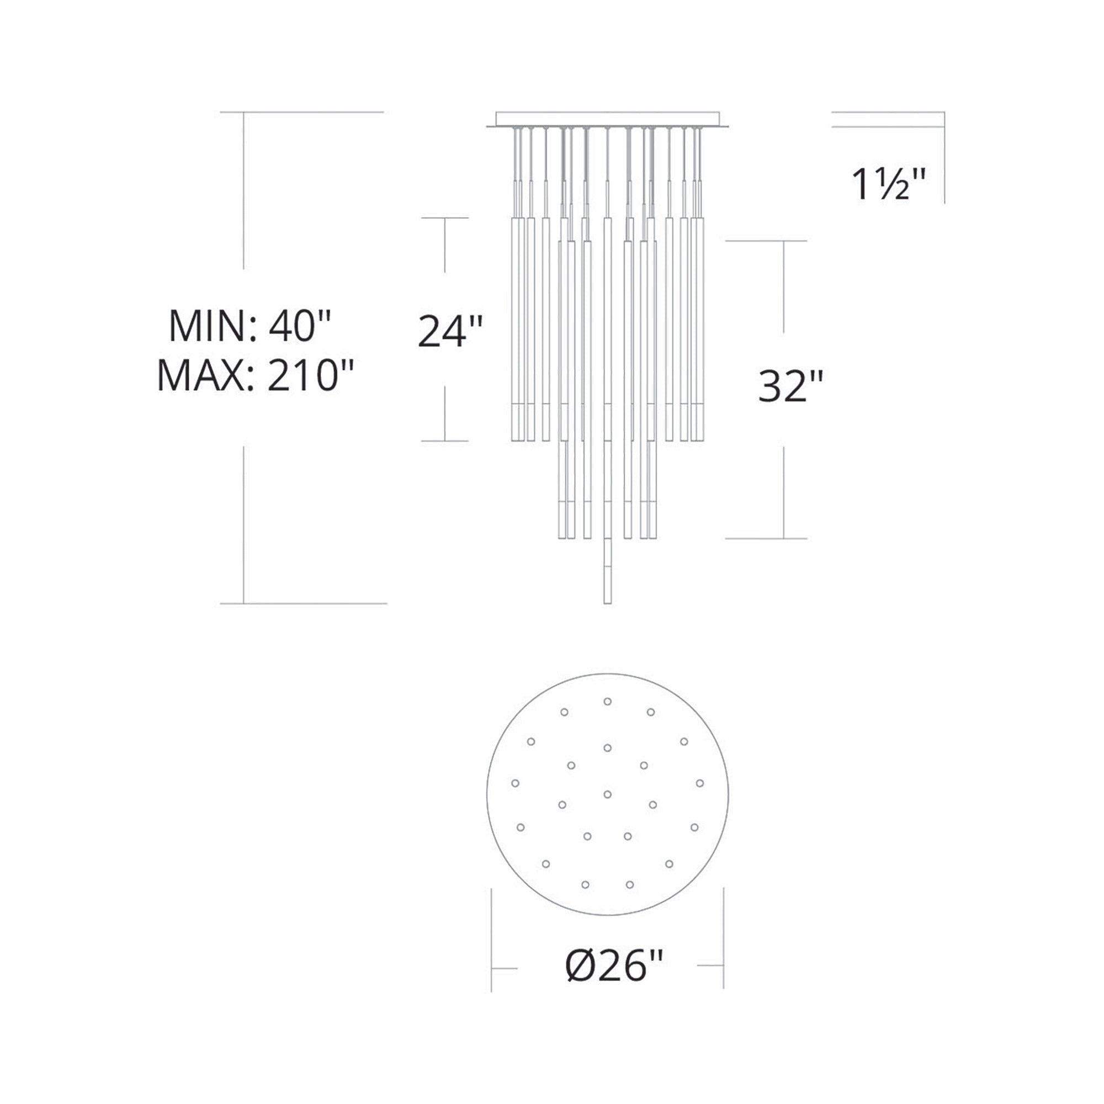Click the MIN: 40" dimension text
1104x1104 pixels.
pos(250,326)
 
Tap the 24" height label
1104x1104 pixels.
pos(450,331)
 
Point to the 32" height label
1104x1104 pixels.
pos(791,387)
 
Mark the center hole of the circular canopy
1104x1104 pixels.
pos(607,794)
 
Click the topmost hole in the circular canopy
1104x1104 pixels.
pos(607,701)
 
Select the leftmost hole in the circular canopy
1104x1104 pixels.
pos(515,783)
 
